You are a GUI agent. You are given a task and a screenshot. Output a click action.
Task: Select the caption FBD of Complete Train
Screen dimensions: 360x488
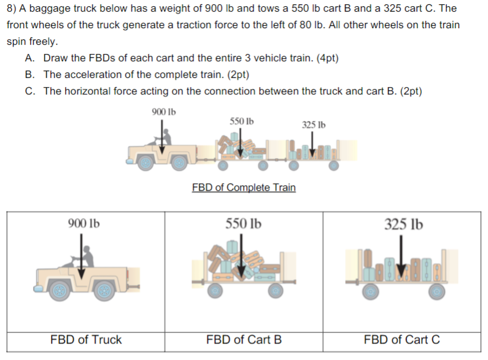click(x=244, y=187)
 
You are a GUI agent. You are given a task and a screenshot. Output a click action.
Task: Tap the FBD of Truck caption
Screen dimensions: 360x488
click(x=86, y=340)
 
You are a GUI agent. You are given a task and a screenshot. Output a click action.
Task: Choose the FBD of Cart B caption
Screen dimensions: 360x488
click(x=244, y=340)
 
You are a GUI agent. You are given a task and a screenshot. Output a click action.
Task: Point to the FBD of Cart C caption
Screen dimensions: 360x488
click(x=401, y=340)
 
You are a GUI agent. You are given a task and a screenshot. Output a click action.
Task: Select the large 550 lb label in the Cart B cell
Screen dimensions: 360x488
click(x=243, y=224)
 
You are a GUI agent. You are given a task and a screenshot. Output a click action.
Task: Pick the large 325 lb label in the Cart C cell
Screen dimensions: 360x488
click(x=403, y=224)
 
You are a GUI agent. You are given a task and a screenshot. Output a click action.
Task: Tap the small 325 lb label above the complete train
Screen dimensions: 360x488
click(x=313, y=125)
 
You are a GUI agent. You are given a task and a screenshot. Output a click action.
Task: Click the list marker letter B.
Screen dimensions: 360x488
click(x=29, y=75)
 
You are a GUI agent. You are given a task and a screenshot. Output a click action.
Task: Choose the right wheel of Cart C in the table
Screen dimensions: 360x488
click(x=436, y=291)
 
